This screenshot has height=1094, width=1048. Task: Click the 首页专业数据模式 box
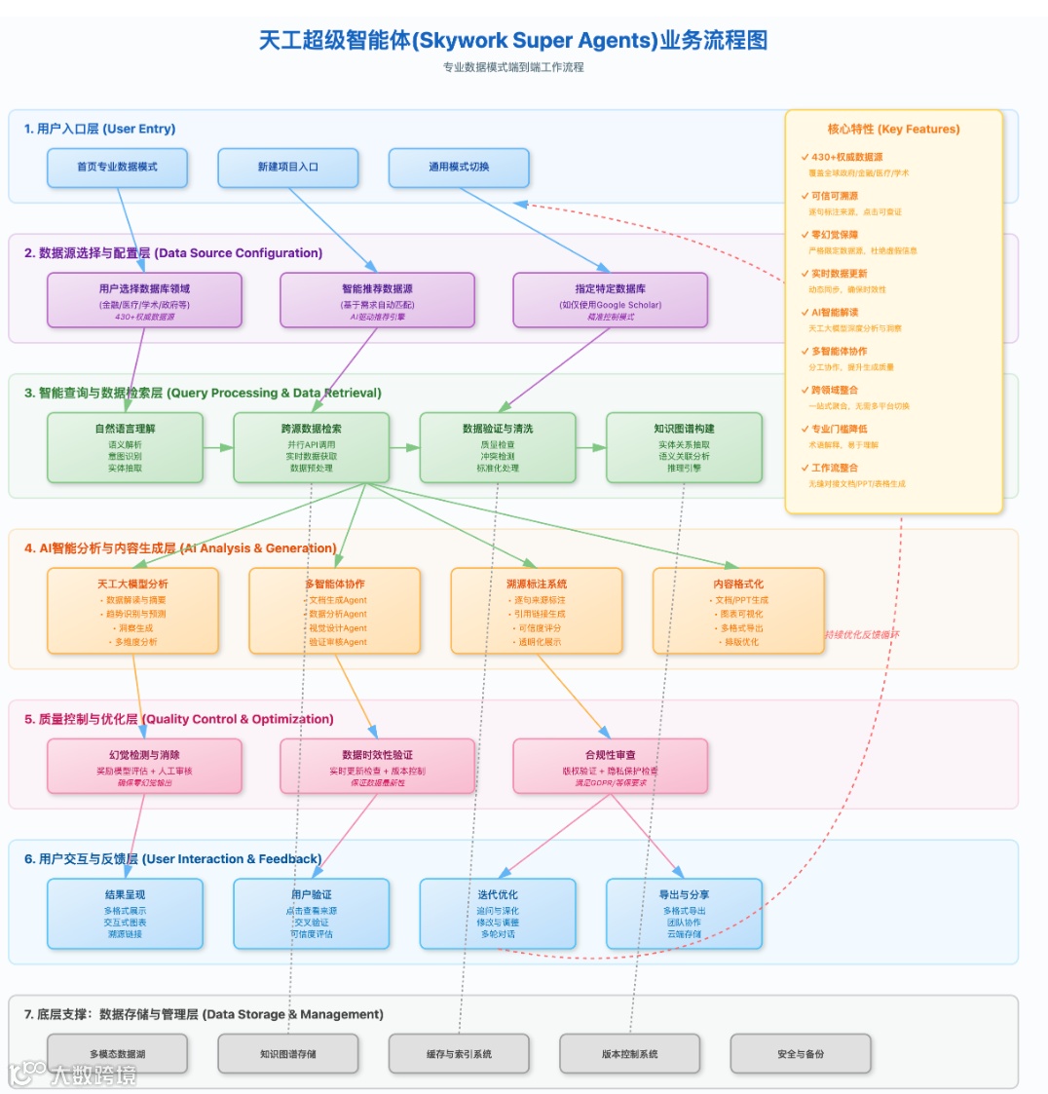coord(117,168)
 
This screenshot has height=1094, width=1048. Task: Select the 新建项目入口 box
coord(288,168)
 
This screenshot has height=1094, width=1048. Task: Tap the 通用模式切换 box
coord(459,168)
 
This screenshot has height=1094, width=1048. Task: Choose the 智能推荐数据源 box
coord(377,299)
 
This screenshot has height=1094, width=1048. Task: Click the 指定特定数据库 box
coord(610,299)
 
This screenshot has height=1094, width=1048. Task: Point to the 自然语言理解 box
coord(125,448)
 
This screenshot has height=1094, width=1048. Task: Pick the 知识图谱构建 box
coord(684,448)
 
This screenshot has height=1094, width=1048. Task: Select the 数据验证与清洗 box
coord(498,448)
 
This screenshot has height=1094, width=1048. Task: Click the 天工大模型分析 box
coord(132,611)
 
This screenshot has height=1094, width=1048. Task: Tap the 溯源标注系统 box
coord(536,611)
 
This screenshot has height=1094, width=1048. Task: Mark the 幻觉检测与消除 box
coord(144,767)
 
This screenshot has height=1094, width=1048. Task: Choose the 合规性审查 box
coord(610,767)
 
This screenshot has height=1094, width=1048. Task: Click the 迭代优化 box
coord(498,914)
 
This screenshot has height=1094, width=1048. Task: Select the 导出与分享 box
coord(684,914)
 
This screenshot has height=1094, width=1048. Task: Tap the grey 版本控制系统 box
coord(629,1053)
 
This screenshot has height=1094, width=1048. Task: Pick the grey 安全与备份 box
coord(801,1053)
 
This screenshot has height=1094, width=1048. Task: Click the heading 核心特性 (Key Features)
coord(893,129)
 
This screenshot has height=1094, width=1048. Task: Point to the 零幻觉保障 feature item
coord(835,235)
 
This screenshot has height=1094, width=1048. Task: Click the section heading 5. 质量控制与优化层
coord(179,719)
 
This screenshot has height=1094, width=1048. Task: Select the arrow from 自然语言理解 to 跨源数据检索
coord(218,448)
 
